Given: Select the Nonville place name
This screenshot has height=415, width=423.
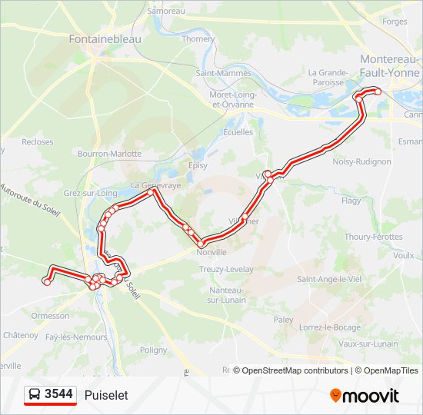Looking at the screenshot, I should [x=211, y=252].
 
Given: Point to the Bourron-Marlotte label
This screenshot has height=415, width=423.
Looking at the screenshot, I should [x=111, y=154].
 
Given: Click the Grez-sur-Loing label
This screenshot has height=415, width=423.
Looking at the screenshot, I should [x=91, y=194].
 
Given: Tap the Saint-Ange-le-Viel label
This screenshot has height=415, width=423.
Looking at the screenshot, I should [x=329, y=279].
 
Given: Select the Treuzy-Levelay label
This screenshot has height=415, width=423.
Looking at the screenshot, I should [x=227, y=269].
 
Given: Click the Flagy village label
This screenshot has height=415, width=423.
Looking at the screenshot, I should [x=351, y=201].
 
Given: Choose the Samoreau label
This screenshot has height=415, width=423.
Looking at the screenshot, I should [x=166, y=12].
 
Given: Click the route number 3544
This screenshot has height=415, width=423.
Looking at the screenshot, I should [x=59, y=394].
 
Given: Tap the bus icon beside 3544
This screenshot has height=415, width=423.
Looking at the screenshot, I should [x=34, y=395].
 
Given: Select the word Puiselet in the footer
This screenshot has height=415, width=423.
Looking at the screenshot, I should [x=107, y=395].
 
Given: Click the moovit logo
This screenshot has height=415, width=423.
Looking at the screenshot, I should [x=365, y=396].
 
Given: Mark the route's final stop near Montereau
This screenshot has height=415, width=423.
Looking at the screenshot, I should [x=378, y=92].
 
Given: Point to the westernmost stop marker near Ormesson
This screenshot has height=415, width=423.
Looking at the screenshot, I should [x=47, y=282].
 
